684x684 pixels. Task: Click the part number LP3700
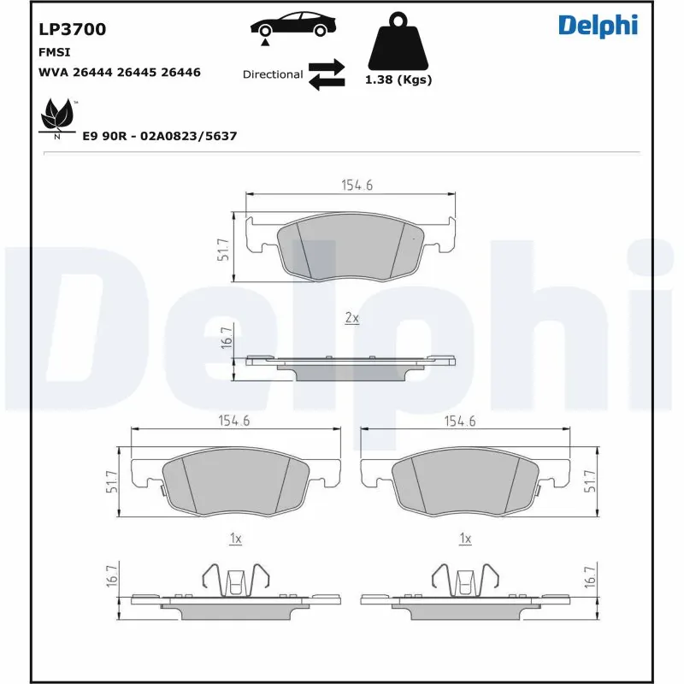click(x=73, y=29)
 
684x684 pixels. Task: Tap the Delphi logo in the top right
click(x=598, y=26)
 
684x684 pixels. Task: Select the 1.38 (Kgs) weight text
click(x=398, y=80)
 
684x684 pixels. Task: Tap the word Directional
click(x=273, y=74)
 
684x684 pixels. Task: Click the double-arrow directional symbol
click(x=326, y=74)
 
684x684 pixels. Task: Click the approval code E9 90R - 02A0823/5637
click(x=159, y=136)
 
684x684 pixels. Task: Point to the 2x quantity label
click(x=351, y=318)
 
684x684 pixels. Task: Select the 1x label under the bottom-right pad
click(x=465, y=539)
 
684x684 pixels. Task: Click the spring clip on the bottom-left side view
click(x=236, y=581)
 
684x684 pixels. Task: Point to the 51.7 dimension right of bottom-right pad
click(x=588, y=483)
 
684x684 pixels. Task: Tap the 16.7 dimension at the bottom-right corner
click(x=588, y=579)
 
